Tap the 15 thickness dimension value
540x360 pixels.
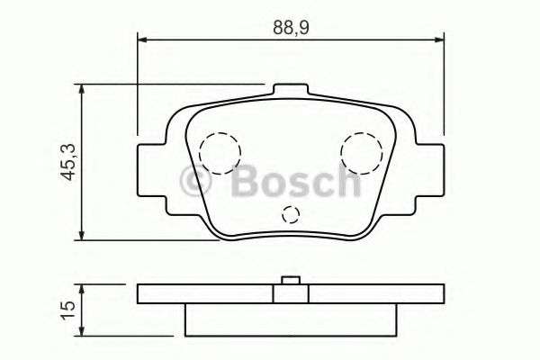[x=66, y=308]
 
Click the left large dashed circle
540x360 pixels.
[x=219, y=152]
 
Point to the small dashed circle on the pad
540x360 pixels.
[x=290, y=214]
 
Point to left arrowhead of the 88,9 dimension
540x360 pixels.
[x=142, y=39]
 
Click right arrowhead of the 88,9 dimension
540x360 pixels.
[x=440, y=39]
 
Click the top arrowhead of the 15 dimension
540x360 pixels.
[x=82, y=291]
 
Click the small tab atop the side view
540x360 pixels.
[x=290, y=281]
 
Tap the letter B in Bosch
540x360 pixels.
[x=245, y=184]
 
